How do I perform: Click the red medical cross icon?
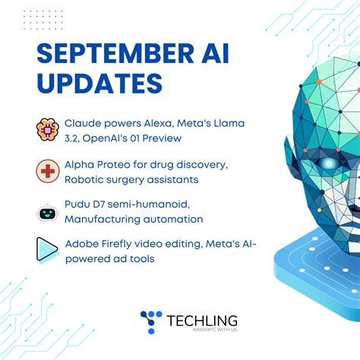point(47,170)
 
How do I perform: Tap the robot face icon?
point(47,211)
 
